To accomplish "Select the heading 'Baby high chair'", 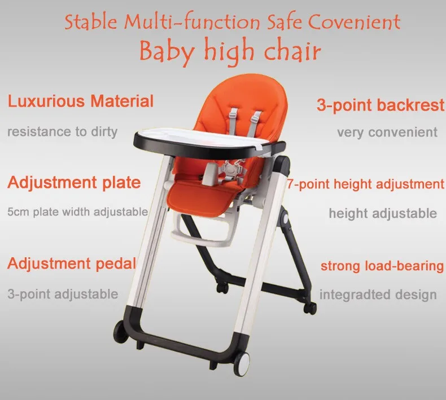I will click(230, 51).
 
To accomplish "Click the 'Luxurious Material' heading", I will click(80, 102).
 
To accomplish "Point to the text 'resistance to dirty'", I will click(62, 132).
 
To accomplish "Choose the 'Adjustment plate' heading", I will click(74, 182).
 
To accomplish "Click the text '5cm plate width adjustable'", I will click(77, 212).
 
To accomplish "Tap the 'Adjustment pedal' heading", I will click(72, 263).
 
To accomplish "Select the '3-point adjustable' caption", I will click(63, 294).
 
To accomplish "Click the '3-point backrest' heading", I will click(381, 106).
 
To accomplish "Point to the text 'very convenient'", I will click(387, 133).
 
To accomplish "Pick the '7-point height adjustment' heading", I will click(365, 184).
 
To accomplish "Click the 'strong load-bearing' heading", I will click(382, 266).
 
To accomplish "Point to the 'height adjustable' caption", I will click(383, 213).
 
